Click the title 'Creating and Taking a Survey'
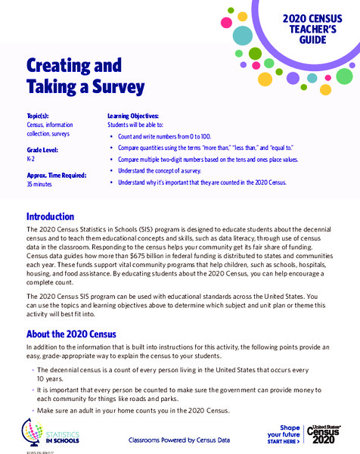(85, 76)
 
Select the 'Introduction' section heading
(50, 216)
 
